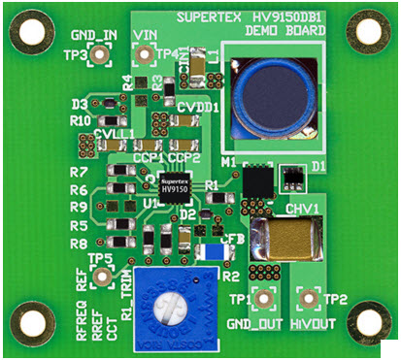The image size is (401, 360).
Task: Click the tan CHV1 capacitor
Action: click(x=285, y=243)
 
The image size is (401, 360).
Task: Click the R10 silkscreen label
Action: click(x=80, y=120)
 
